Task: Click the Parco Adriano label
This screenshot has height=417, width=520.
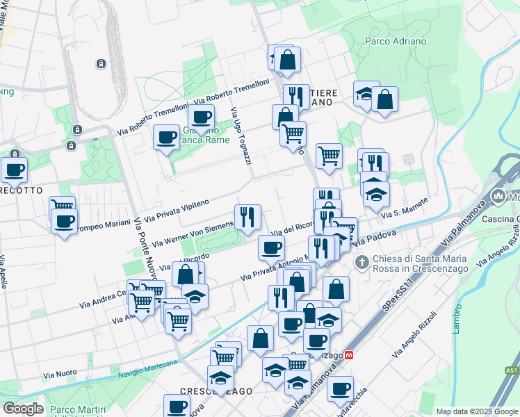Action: (x=396, y=41)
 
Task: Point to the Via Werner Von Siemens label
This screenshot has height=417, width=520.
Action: (x=192, y=234)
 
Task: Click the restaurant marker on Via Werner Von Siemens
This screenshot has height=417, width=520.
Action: (x=247, y=217)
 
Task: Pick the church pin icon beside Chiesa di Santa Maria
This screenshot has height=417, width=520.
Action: (x=361, y=262)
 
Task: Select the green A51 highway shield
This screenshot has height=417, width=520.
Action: (x=512, y=370)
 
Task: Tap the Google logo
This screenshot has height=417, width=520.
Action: (x=22, y=409)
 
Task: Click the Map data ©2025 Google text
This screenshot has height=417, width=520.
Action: (x=477, y=411)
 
